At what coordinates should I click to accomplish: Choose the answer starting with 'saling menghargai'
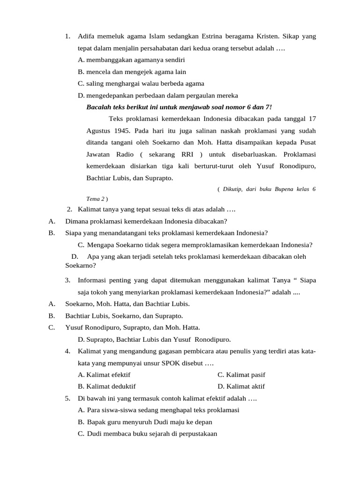coord(141,84)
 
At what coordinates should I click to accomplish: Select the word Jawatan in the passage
coord(98,154)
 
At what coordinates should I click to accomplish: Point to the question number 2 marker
coord(69,209)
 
